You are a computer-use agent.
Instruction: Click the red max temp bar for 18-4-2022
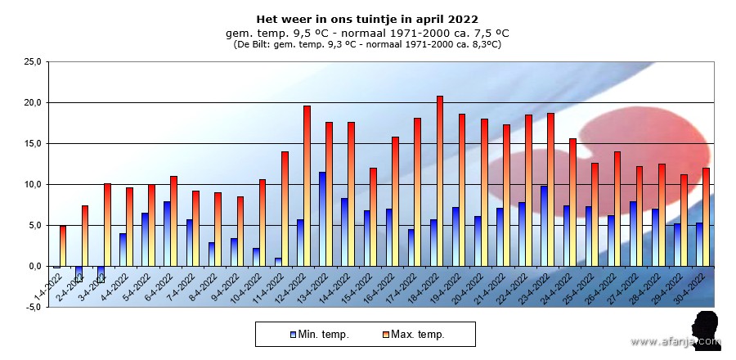tap(440, 181)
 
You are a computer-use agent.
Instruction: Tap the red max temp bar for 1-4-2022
tap(63, 245)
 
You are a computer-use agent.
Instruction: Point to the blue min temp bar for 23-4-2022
tap(544, 226)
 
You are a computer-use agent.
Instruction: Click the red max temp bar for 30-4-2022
tap(706, 217)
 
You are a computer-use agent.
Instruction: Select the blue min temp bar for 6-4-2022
tap(167, 234)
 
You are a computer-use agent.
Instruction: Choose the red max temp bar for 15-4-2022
tap(373, 217)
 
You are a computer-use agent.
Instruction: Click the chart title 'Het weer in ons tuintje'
tap(367, 19)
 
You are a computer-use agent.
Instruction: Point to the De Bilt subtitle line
tap(367, 44)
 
